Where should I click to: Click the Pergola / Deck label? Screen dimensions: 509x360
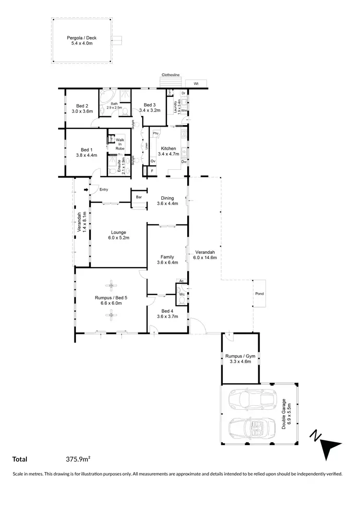click(79, 40)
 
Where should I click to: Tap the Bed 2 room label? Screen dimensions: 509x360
click(82, 108)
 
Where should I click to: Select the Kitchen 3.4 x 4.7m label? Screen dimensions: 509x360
click(168, 152)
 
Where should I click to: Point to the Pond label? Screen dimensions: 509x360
click(259, 294)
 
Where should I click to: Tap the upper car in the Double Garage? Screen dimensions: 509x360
click(250, 399)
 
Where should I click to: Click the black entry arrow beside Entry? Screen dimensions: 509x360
click(86, 190)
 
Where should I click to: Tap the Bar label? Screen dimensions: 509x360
click(139, 197)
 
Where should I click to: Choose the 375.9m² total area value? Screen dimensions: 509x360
click(78, 459)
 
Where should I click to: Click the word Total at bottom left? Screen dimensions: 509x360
click(20, 459)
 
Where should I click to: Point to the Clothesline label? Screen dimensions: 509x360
click(170, 75)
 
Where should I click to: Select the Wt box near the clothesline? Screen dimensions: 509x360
click(196, 83)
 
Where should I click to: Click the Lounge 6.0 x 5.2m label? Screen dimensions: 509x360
click(117, 235)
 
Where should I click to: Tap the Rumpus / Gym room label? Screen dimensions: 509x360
click(240, 359)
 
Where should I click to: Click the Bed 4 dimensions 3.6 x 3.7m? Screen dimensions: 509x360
click(168, 317)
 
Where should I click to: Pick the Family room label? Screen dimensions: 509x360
click(168, 260)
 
